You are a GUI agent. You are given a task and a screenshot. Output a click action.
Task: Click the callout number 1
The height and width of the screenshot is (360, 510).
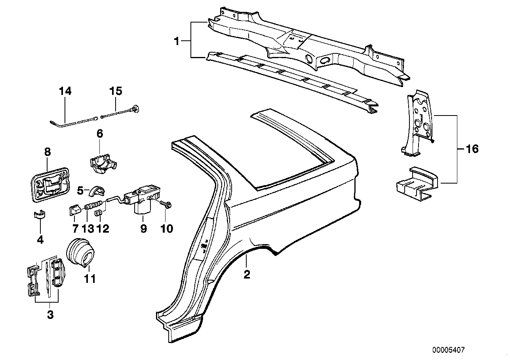coord(177,42)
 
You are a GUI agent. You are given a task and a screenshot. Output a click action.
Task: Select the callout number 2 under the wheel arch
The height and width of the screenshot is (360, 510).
coord(247,275)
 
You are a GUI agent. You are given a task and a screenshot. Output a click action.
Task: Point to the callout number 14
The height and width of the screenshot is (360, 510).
coord(65,91)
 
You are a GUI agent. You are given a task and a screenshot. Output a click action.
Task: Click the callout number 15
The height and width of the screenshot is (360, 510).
coord(116,91)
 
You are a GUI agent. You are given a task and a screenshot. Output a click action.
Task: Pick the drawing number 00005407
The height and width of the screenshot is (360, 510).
coord(448,350)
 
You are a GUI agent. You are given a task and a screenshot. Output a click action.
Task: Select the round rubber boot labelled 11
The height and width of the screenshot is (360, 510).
coord(80,252)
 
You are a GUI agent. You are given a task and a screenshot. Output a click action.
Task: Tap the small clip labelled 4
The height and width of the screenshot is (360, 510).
coord(40,215)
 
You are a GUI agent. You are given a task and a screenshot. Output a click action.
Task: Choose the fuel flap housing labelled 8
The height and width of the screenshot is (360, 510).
coord(50,185)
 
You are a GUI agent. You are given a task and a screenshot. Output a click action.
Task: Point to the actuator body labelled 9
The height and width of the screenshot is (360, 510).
coord(142,198)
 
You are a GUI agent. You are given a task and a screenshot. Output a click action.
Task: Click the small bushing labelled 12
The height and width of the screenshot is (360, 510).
coord(99,214)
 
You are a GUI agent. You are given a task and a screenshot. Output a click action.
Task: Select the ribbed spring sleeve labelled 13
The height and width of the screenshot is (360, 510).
coord(93,204)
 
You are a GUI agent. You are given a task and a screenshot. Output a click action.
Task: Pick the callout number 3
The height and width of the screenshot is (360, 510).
coord(50,315)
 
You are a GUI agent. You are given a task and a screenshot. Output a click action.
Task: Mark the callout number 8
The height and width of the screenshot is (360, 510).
coord(48,152)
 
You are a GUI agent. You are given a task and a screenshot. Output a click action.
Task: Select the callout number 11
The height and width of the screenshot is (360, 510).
coord(90,279)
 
